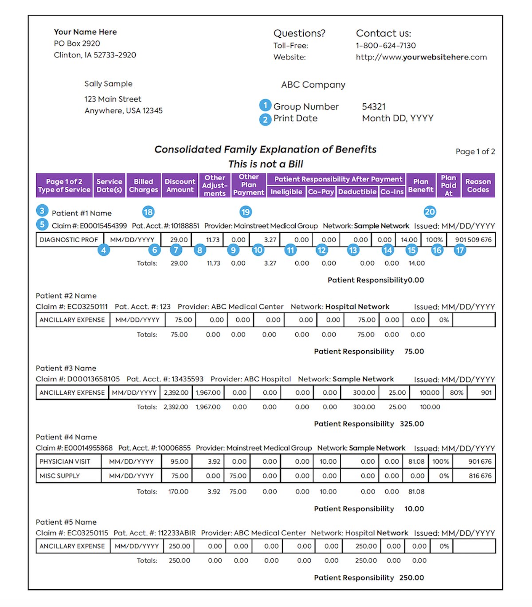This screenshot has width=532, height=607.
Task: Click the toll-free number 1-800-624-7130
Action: point(385,46)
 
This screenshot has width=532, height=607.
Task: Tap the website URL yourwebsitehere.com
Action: point(421,57)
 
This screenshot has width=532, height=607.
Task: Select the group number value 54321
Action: point(374,107)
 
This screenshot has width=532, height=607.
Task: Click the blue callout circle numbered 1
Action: point(265,106)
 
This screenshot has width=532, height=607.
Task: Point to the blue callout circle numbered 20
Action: point(430,212)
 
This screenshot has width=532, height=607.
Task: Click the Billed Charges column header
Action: point(143,185)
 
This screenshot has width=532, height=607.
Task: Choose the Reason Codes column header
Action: point(478,185)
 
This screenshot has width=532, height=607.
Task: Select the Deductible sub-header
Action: point(357,192)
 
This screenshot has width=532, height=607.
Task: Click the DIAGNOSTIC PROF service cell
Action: point(69,240)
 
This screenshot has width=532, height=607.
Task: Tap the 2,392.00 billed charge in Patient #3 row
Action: point(176,393)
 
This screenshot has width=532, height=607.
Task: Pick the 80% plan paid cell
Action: point(457,393)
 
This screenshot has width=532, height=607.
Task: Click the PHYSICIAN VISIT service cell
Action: point(65,462)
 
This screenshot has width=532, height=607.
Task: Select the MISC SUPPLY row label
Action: point(60,476)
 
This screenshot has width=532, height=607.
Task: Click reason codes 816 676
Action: point(480,476)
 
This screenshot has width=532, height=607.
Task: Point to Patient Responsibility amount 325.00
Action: point(412,424)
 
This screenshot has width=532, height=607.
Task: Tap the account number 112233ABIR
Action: point(176,533)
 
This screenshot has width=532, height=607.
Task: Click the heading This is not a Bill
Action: point(266,164)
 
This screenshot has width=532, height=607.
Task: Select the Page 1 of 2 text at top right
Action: point(475,152)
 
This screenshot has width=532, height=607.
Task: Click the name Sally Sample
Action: point(109,84)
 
